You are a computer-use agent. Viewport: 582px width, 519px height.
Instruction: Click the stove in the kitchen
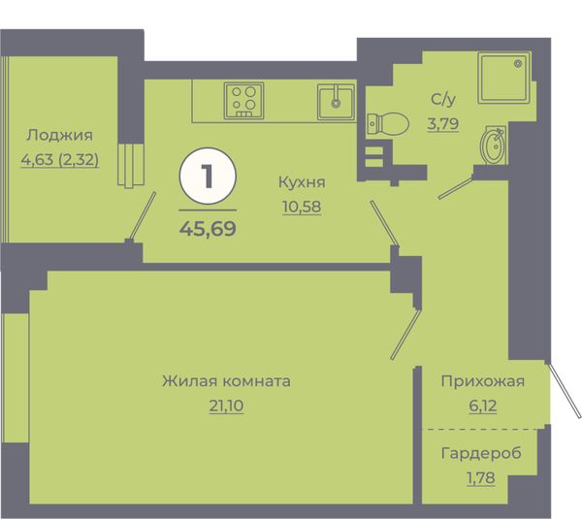(x=243, y=101)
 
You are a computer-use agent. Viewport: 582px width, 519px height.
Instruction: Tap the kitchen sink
(x=336, y=102)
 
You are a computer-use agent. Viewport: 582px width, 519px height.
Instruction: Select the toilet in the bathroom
(x=387, y=123)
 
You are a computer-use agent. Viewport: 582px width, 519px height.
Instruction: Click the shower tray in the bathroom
(x=504, y=78)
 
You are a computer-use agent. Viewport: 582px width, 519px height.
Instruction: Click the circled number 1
(x=208, y=177)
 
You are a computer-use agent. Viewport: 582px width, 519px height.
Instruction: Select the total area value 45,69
(x=208, y=228)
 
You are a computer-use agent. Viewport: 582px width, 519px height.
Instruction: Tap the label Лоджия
(x=59, y=136)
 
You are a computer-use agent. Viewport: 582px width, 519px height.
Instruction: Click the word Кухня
(x=302, y=182)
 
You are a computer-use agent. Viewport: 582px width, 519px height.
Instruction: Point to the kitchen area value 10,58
(x=302, y=207)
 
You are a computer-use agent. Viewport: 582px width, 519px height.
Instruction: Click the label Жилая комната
(x=226, y=381)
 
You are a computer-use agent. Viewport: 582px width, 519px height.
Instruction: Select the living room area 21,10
(x=226, y=405)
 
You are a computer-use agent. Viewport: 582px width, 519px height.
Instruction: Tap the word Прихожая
(x=482, y=381)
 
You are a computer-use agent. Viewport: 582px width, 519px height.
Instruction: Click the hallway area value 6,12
(x=482, y=405)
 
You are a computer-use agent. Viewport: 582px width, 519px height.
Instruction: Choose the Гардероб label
(x=481, y=453)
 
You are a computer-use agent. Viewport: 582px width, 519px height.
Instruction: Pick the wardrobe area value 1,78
(x=481, y=478)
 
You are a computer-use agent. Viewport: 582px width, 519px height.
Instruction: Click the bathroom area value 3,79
(x=443, y=123)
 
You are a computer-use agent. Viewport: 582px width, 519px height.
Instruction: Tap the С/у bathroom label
(x=443, y=99)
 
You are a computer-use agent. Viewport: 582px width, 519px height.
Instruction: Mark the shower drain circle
(x=518, y=63)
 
